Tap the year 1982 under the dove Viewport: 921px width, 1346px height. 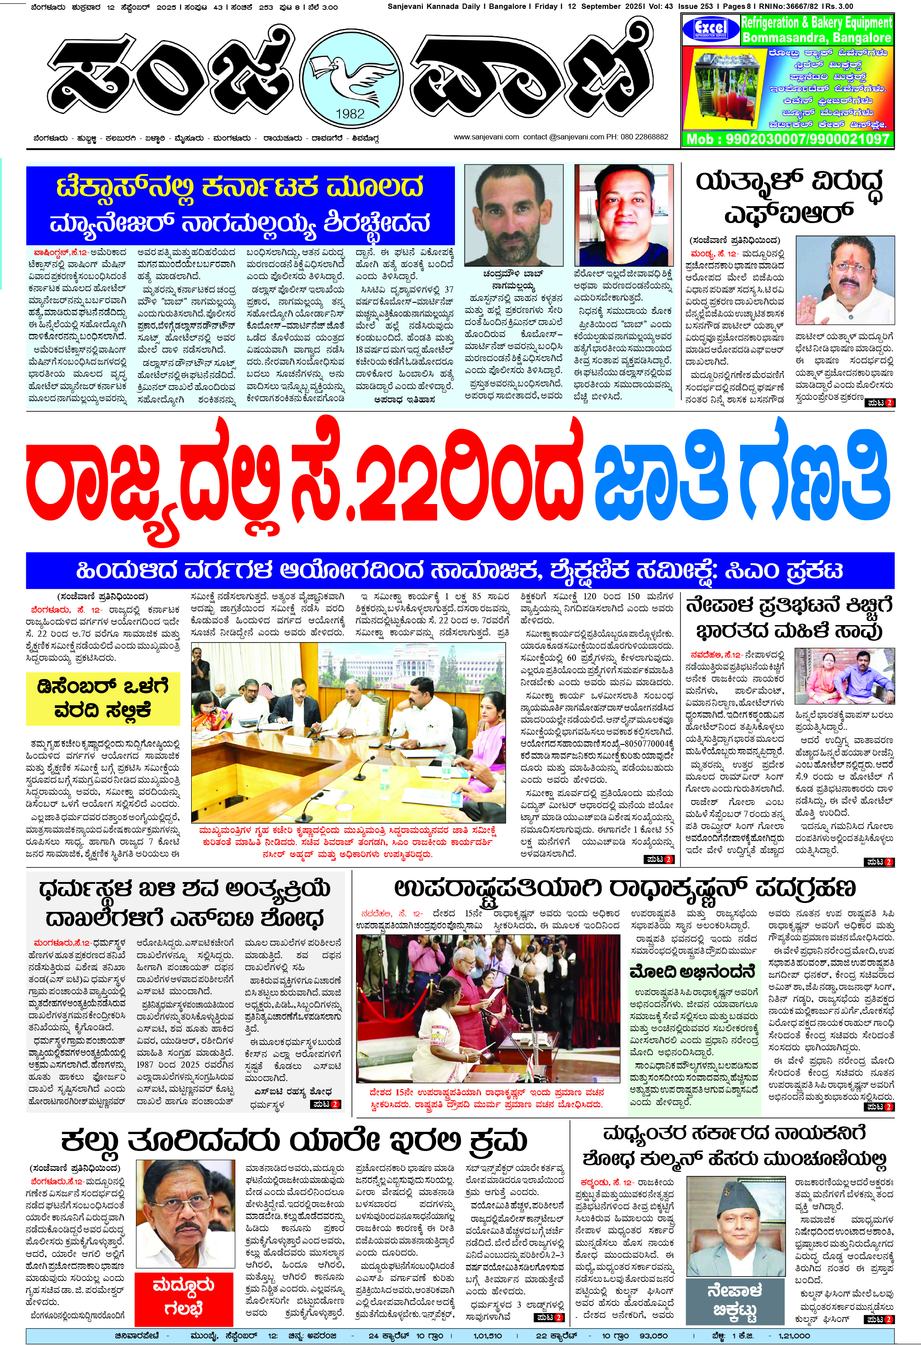tap(350, 114)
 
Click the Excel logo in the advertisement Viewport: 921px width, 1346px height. tap(711, 28)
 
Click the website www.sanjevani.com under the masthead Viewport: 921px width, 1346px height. tap(486, 137)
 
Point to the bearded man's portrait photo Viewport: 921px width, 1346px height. tap(514, 215)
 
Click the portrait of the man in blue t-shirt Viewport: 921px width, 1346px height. tap(624, 215)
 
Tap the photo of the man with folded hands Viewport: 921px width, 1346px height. tap(844, 280)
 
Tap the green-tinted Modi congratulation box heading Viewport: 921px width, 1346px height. tap(693, 971)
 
